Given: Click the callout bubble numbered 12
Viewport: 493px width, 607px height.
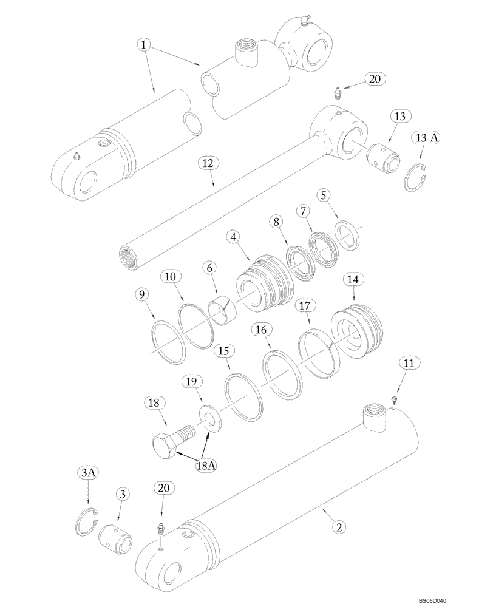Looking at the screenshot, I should pyautogui.click(x=209, y=163).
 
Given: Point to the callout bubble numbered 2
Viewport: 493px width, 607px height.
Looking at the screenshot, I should pyautogui.click(x=341, y=527).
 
